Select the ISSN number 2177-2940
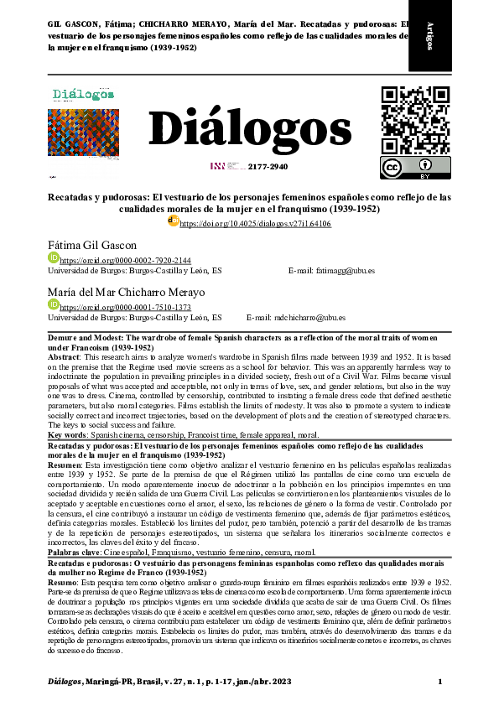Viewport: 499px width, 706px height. [268, 167]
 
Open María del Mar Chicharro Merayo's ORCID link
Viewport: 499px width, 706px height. [113, 308]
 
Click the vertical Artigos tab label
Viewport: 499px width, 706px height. [430, 35]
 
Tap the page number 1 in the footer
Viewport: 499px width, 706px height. [439, 681]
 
